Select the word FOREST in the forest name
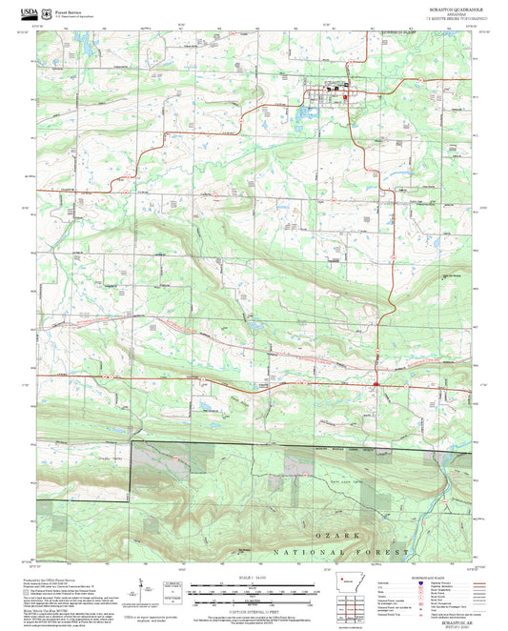391,552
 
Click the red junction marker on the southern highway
377,384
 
